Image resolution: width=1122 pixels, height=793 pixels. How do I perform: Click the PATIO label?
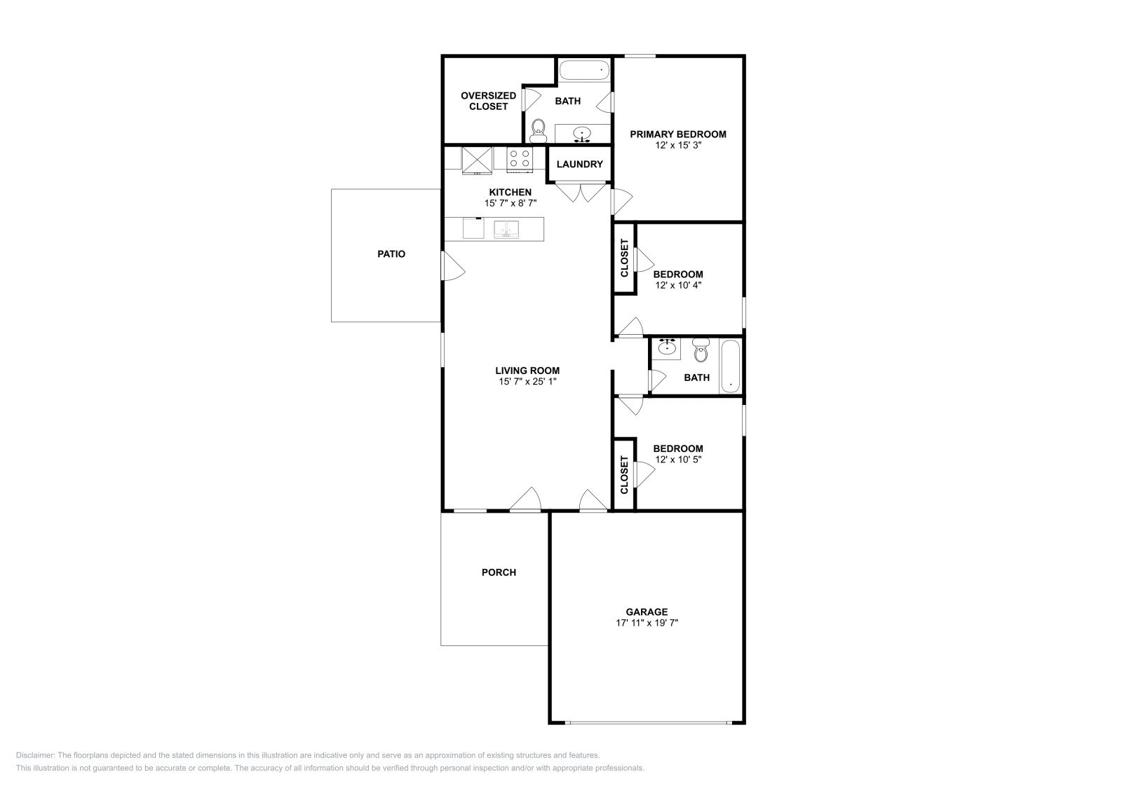click(x=391, y=254)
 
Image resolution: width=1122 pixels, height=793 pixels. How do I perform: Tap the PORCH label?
click(x=499, y=572)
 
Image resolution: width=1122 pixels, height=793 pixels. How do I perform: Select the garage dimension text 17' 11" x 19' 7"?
click(x=647, y=622)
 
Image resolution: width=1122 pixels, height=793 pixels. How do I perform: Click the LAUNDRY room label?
click(x=579, y=165)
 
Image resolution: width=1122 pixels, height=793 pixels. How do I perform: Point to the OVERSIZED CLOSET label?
click(x=488, y=101)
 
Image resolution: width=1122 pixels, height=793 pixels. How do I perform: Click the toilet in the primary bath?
click(x=539, y=130)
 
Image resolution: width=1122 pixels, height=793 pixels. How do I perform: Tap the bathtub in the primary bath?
click(x=584, y=70)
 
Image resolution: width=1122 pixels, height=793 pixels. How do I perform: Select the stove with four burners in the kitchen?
click(x=520, y=160)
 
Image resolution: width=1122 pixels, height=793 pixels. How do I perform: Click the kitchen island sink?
click(x=506, y=230)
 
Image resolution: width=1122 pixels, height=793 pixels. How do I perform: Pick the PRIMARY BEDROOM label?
click(x=677, y=135)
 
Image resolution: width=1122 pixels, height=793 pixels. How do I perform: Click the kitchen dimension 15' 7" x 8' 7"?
click(x=511, y=203)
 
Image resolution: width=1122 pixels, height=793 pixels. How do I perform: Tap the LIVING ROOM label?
click(x=527, y=371)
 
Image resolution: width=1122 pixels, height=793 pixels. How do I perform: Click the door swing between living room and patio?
click(x=452, y=267)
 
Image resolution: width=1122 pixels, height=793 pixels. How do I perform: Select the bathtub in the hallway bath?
click(x=731, y=366)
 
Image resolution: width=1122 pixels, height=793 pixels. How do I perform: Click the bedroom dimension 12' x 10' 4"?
click(x=677, y=285)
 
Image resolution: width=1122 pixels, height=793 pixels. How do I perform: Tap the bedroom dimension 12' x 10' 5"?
click(x=677, y=460)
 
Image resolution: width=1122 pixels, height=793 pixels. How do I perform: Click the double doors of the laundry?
click(x=581, y=191)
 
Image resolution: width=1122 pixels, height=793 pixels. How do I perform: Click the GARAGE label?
click(x=647, y=612)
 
